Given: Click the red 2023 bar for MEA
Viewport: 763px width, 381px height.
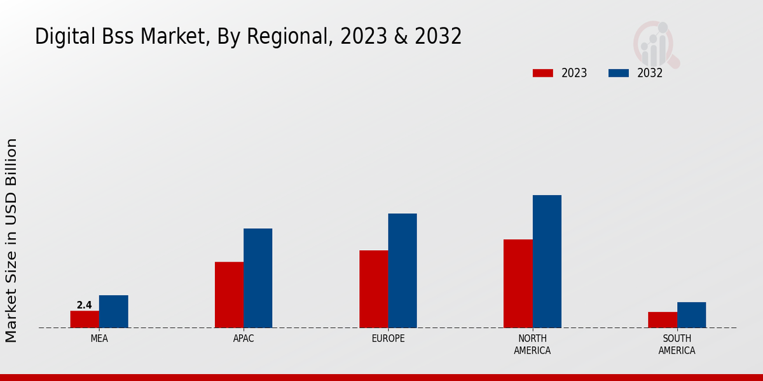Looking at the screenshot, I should click(85, 319).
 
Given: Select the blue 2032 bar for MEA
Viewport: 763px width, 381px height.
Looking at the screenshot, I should click(113, 312).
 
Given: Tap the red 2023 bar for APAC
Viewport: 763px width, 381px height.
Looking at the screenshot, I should click(229, 295).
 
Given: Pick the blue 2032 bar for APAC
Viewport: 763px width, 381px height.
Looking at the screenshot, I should click(258, 278).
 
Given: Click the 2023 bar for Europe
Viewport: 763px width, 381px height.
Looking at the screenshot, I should click(373, 289).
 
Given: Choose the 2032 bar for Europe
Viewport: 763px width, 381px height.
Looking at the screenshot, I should click(402, 271).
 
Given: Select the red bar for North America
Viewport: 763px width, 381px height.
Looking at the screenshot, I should click(518, 284).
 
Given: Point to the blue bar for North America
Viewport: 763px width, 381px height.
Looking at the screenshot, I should click(547, 262).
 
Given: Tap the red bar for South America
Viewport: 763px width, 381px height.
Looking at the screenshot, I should click(662, 320).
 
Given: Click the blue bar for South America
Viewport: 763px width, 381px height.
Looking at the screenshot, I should click(691, 315).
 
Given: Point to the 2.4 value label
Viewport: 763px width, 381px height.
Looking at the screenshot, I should click(85, 305).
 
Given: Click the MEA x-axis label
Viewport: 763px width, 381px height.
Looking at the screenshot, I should click(99, 338).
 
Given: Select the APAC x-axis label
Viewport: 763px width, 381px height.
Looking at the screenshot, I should click(244, 338).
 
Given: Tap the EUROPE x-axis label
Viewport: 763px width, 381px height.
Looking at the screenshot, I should click(388, 338).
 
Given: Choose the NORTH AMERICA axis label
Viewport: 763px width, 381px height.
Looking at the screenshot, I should click(532, 344).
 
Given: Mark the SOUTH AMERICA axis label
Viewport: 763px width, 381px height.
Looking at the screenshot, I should click(677, 344).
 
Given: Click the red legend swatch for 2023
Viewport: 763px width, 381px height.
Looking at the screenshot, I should click(543, 73).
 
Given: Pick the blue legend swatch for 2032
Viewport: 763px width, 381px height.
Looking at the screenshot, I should click(619, 73).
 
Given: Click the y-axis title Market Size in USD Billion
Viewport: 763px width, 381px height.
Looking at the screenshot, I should click(12, 240).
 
